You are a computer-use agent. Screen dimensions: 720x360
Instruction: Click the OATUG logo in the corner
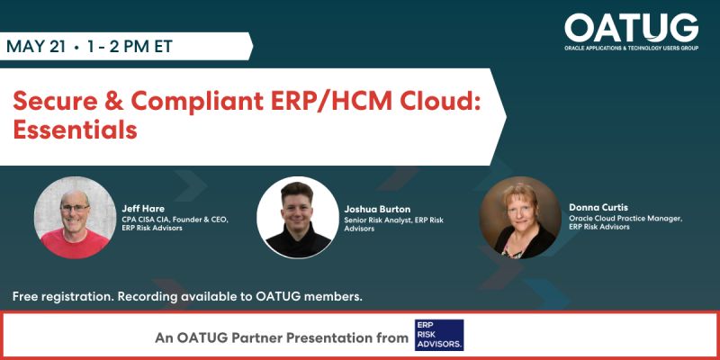[x=632, y=31]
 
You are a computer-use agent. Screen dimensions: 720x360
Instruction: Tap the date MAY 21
[x=36, y=47]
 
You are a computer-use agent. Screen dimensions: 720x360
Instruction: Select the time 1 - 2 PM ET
[x=130, y=47]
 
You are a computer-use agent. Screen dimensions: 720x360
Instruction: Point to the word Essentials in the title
[x=76, y=130]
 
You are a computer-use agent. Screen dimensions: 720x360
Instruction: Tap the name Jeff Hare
[x=143, y=210]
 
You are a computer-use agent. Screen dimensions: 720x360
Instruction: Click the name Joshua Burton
[x=377, y=210]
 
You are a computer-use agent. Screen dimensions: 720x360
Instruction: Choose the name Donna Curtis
[x=598, y=207]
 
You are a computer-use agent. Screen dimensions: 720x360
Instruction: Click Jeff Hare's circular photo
[x=76, y=217]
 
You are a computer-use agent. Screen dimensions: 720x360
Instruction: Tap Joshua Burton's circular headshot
[x=298, y=217]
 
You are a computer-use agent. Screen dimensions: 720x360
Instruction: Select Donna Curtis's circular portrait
[x=520, y=217]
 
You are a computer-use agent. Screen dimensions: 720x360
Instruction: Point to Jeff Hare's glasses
[x=75, y=208]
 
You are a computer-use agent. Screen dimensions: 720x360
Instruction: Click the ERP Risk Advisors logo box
[x=439, y=335]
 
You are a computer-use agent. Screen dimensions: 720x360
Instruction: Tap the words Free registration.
[x=63, y=297]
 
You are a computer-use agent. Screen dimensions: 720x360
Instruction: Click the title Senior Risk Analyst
[x=378, y=220]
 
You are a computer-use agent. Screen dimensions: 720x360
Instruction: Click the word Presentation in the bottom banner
[x=347, y=338]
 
